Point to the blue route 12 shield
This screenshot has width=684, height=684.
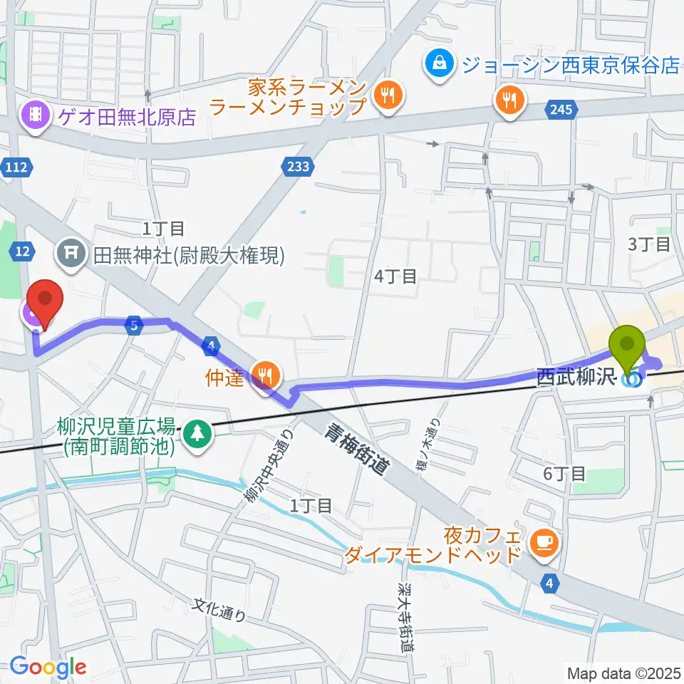coord(23,250)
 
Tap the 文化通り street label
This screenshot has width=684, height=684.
coord(221,611)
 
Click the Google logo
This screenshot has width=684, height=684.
coord(48,668)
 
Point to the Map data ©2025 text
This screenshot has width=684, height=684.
coord(623,672)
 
